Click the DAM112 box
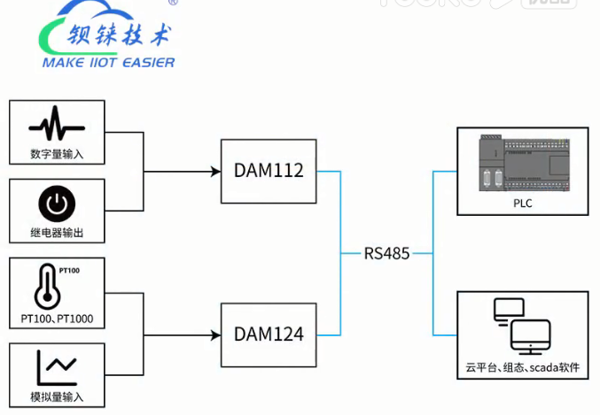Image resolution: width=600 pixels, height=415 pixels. (269, 171)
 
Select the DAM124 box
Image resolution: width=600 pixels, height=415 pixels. (269, 334)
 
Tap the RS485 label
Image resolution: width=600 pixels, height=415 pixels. (386, 253)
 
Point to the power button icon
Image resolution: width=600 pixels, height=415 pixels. (56, 204)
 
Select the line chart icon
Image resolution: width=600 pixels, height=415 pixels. (56, 366)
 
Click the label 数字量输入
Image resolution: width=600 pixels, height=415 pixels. (56, 154)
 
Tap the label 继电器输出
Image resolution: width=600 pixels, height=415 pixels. (56, 233)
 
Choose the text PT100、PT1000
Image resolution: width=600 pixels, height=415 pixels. (56, 318)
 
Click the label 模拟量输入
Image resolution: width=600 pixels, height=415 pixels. (56, 396)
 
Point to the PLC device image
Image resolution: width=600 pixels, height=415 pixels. (521, 165)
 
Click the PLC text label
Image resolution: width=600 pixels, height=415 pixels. (523, 204)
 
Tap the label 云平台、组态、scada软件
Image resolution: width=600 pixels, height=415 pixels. (522, 367)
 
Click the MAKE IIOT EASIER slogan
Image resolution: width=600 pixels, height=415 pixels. (108, 63)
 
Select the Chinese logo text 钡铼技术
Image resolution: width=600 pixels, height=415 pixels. (120, 36)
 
